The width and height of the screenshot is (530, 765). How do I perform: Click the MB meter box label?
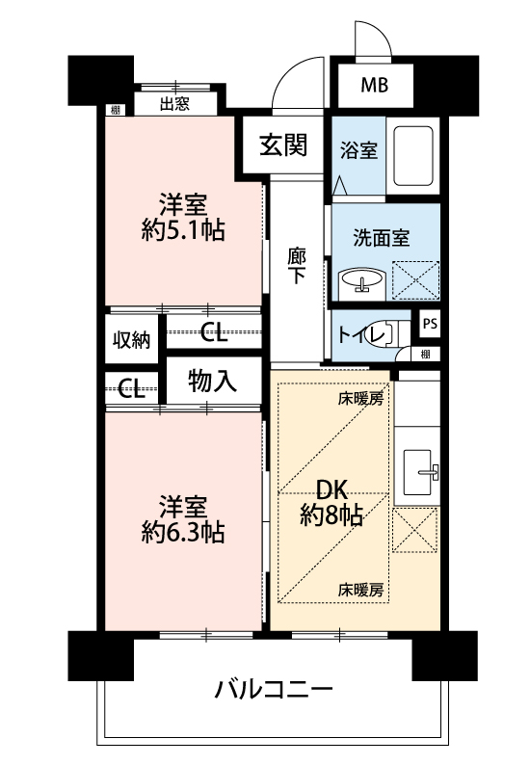tap(374, 86)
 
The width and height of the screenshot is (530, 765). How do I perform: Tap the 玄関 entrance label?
tap(283, 145)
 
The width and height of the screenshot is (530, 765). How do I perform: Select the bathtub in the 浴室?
tap(412, 156)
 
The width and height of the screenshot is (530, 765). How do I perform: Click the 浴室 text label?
tap(358, 150)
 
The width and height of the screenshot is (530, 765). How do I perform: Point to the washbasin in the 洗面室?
tap(361, 281)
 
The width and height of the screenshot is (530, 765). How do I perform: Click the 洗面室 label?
tap(382, 238)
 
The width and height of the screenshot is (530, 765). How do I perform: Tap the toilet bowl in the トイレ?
tap(385, 332)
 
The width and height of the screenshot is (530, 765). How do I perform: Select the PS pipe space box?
tap(430, 324)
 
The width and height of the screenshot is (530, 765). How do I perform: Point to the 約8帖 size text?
tap(331, 514)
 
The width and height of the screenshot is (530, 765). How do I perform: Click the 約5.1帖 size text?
tap(183, 230)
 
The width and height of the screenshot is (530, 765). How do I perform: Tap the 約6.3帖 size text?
tap(183, 532)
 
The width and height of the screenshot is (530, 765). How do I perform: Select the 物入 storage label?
tap(212, 381)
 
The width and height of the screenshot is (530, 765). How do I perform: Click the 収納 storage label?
tap(131, 340)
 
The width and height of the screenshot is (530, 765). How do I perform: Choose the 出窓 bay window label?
tap(174, 103)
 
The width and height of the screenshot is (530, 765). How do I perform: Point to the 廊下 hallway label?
tap(297, 266)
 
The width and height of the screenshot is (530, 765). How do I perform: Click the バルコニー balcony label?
tap(274, 690)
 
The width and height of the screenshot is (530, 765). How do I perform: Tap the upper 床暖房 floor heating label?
tap(360, 399)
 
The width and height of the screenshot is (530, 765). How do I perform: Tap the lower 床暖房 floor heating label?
tap(360, 591)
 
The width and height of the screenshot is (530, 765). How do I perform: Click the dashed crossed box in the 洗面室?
tap(415, 280)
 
